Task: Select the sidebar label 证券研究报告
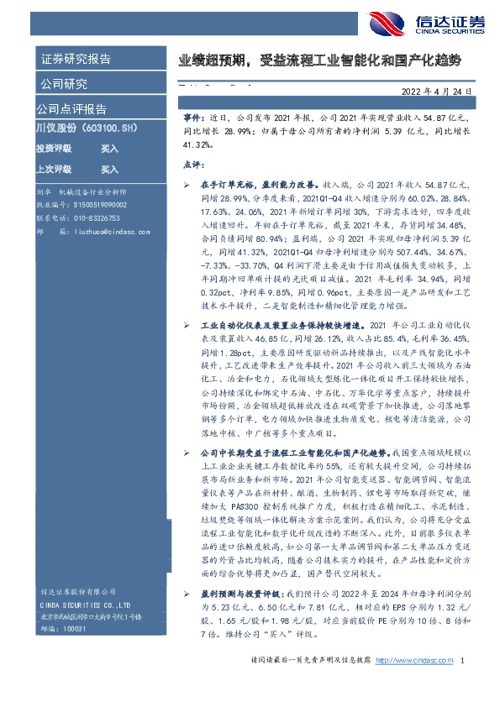point(75,59)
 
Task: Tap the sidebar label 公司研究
point(63,84)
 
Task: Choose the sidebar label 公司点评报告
point(71,108)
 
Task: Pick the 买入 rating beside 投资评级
point(109,148)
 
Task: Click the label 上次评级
point(55,168)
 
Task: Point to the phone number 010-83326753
point(93,215)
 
